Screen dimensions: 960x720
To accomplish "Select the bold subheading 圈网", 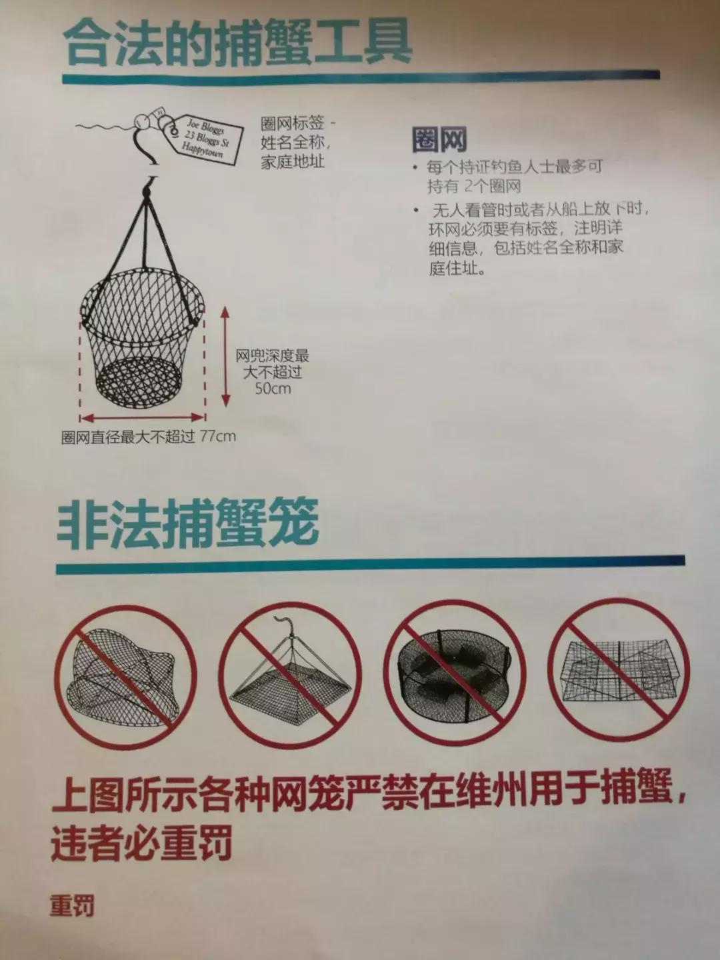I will coord(439,139).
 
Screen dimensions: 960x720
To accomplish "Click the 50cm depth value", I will coord(273,389).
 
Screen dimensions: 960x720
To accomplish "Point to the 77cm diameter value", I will coord(218,437).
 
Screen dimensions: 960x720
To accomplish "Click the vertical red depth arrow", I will coord(225,357).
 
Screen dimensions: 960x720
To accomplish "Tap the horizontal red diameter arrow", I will coord(142,418).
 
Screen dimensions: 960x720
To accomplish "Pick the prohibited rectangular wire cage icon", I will coord(619,670).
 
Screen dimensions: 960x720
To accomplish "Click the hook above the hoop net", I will coord(152,178).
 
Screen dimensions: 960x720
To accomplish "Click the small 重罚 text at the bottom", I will coord(72,906).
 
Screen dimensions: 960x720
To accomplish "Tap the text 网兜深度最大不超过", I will coord(272,364).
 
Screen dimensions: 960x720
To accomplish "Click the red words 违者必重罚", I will coord(141,843).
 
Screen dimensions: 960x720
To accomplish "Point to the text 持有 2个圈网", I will coord(474,186).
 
